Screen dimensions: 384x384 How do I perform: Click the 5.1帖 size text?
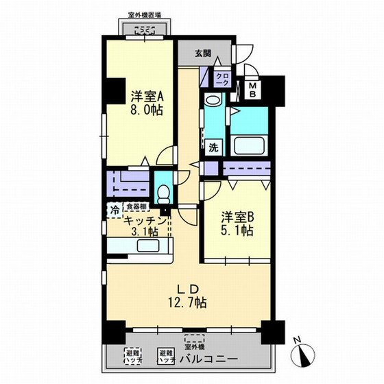[x=237, y=231]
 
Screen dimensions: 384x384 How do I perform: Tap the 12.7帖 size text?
[x=185, y=302]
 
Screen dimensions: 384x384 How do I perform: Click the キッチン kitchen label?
[x=145, y=220]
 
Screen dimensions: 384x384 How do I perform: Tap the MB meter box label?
[x=252, y=89]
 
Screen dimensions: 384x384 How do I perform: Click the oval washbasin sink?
[x=213, y=101]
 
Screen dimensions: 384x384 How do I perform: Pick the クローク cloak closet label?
[x=221, y=79]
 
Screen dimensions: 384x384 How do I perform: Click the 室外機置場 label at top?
[x=144, y=14]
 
